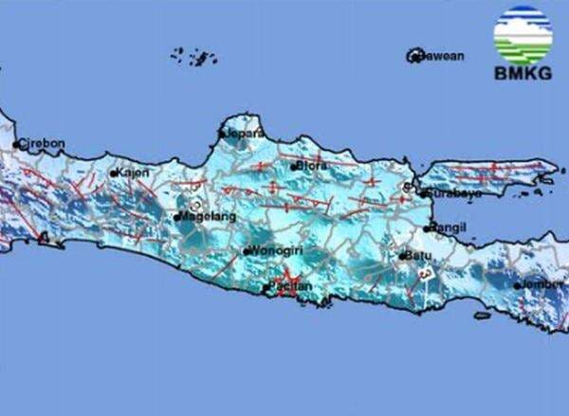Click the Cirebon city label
44,143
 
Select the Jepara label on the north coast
243,134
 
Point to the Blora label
312,165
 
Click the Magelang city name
205,216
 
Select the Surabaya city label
455,193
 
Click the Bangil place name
449,227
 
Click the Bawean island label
443,56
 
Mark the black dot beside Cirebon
18,145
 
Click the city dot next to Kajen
114,173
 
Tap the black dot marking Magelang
176,217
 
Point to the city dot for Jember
518,285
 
